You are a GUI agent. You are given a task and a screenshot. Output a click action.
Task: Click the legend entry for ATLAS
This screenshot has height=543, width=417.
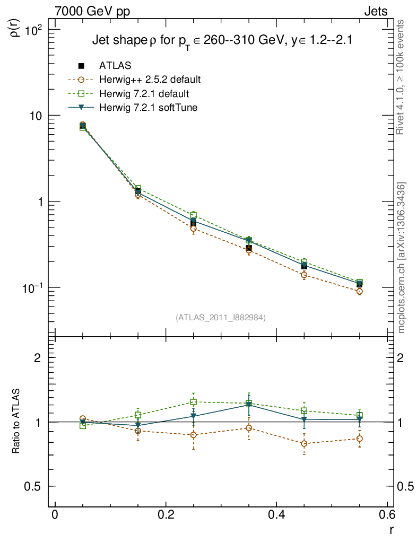tap(115, 66)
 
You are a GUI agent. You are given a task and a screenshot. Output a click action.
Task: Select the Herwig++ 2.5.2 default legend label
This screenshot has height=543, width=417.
tap(150, 80)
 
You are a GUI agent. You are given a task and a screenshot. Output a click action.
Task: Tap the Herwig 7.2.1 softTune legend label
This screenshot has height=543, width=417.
tap(148, 108)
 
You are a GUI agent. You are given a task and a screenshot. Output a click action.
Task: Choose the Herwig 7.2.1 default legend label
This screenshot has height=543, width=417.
tap(144, 94)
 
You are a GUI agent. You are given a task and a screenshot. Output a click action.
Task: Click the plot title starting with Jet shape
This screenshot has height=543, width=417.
tap(223, 41)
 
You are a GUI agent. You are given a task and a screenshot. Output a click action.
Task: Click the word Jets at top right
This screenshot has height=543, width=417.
tap(375, 11)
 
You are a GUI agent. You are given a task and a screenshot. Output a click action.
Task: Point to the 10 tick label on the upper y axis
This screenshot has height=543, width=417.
tap(39, 116)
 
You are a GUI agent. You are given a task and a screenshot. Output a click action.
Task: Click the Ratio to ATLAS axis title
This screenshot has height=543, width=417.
tap(16, 422)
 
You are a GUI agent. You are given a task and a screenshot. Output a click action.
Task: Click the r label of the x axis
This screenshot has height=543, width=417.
tap(391, 530)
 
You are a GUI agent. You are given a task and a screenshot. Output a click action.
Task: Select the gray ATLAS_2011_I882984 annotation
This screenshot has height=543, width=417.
tap(221, 318)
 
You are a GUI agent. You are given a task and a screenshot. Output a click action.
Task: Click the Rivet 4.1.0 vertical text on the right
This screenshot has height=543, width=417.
tap(402, 77)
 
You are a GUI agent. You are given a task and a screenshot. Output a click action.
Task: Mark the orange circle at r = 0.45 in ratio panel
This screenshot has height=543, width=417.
tap(304, 443)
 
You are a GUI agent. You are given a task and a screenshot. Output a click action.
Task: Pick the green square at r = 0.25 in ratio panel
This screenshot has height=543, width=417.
tap(194, 402)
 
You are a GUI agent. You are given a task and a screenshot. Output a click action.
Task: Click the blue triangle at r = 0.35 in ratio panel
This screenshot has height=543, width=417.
tap(249, 405)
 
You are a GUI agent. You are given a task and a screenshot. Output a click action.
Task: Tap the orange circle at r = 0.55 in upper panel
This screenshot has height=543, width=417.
tap(360, 291)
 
